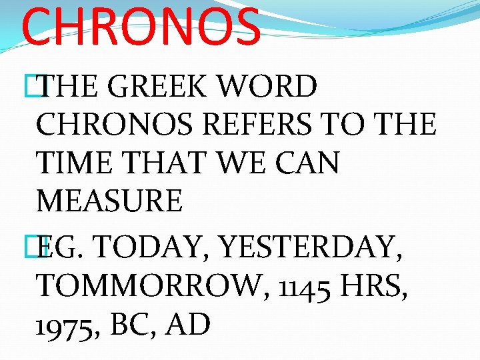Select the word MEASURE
[x=109, y=201]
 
